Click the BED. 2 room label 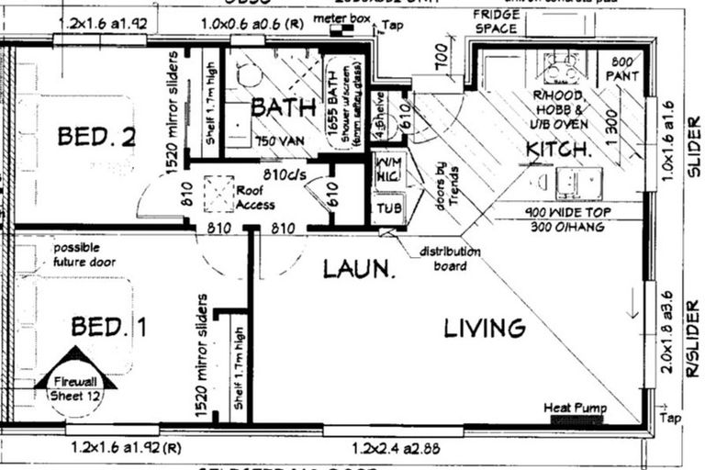pos(96,137)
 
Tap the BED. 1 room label pos(109,326)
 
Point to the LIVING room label pos(485,328)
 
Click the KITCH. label pos(558,149)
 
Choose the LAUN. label pos(359,269)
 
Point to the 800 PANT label pos(627,67)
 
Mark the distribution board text pos(450,258)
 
